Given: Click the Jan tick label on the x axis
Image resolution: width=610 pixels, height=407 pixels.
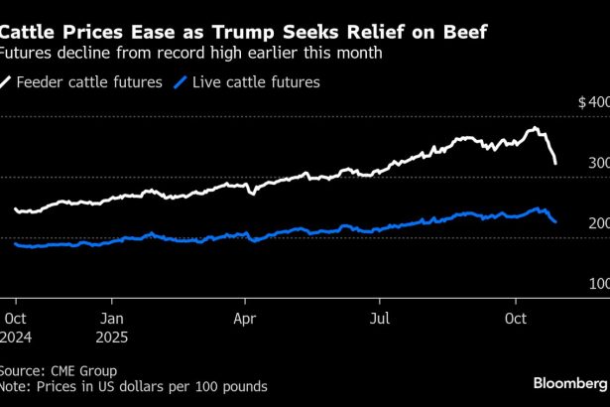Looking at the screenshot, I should click(x=113, y=319).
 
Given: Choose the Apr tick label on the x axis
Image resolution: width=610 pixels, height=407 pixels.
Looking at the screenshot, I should click(x=245, y=319).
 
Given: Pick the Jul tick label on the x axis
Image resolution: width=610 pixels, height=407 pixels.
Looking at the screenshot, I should click(x=380, y=319).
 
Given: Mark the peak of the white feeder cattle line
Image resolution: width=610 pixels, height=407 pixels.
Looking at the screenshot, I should click(x=535, y=128).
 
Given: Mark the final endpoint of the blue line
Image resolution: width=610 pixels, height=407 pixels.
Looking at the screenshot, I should click(x=555, y=221).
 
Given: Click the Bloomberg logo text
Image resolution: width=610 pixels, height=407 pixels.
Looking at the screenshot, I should click(x=569, y=382).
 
